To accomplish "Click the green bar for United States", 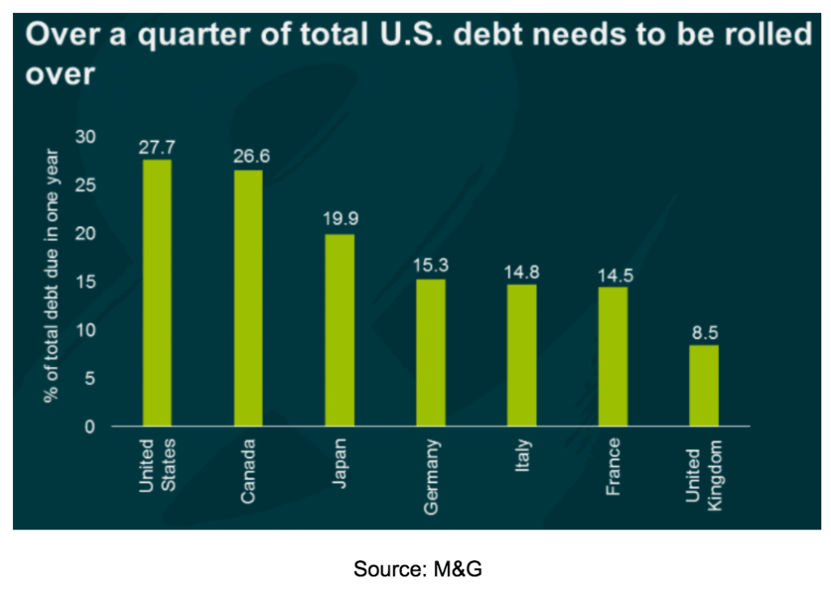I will [x=157, y=292].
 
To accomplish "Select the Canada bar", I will [x=248, y=298].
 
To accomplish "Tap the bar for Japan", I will [x=339, y=330].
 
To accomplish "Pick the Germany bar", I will [x=430, y=352].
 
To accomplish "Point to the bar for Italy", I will [x=522, y=355].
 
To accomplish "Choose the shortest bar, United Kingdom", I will [x=704, y=385].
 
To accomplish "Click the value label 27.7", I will [x=157, y=148].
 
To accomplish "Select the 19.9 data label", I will [x=339, y=219].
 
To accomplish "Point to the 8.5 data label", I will [x=704, y=332].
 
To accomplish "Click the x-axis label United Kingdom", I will [x=704, y=476].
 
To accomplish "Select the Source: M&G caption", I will [x=417, y=569].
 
